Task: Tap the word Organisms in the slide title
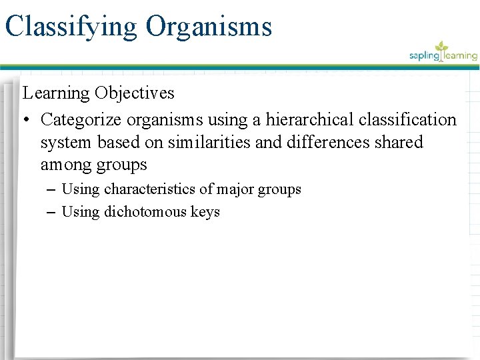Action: [209, 27]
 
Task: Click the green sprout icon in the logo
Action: [441, 48]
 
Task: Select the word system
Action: [69, 143]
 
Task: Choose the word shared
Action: [398, 143]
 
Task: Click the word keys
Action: [204, 212]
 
